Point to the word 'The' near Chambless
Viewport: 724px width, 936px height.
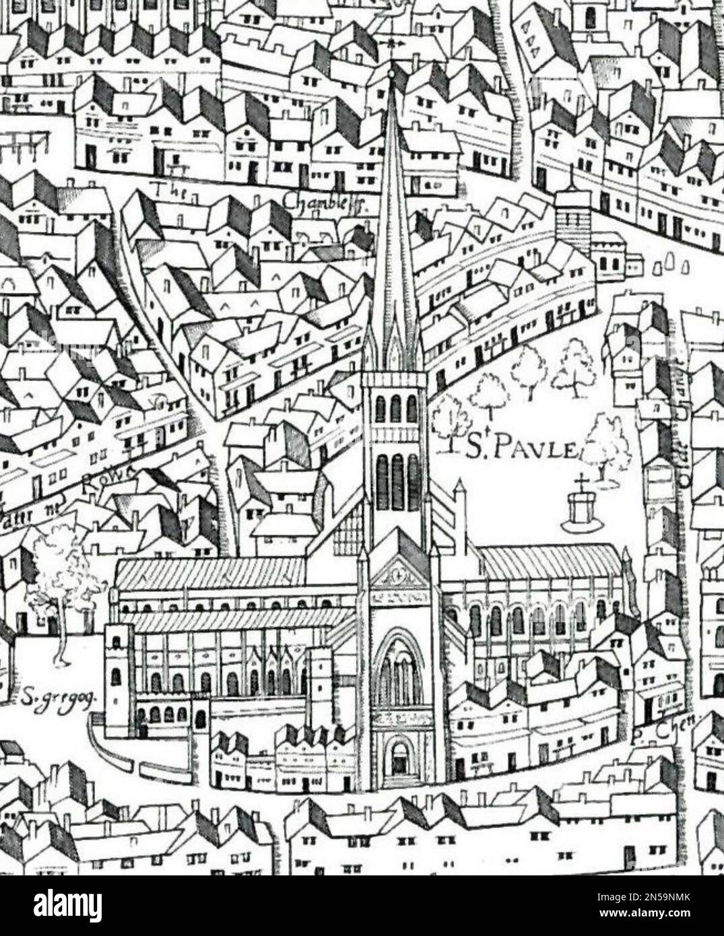(x=165, y=190)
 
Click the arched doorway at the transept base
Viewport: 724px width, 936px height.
(x=399, y=758)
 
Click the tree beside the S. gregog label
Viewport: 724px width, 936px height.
(x=62, y=579)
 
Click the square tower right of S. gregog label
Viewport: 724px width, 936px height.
(x=120, y=680)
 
